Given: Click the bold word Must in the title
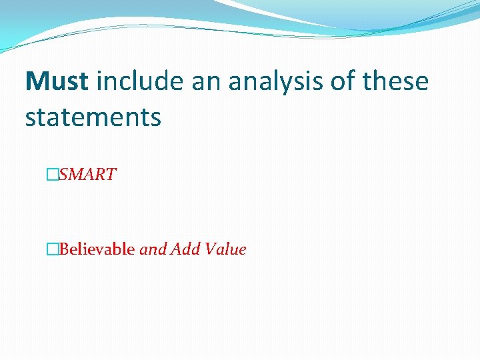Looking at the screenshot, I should click(x=57, y=82).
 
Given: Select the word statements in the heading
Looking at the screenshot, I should click(x=93, y=117).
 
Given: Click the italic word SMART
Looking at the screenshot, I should click(x=87, y=175).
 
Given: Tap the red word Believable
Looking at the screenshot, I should click(x=97, y=250).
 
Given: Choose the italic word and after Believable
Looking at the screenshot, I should click(x=153, y=250).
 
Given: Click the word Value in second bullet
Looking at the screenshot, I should click(x=225, y=250).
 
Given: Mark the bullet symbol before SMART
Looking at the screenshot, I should click(x=51, y=175).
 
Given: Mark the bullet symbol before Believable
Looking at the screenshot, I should click(x=51, y=250).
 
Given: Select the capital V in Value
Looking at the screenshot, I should click(x=211, y=250).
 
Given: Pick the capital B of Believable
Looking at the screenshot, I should click(x=64, y=250).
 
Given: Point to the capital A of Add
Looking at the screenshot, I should click(x=177, y=250).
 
